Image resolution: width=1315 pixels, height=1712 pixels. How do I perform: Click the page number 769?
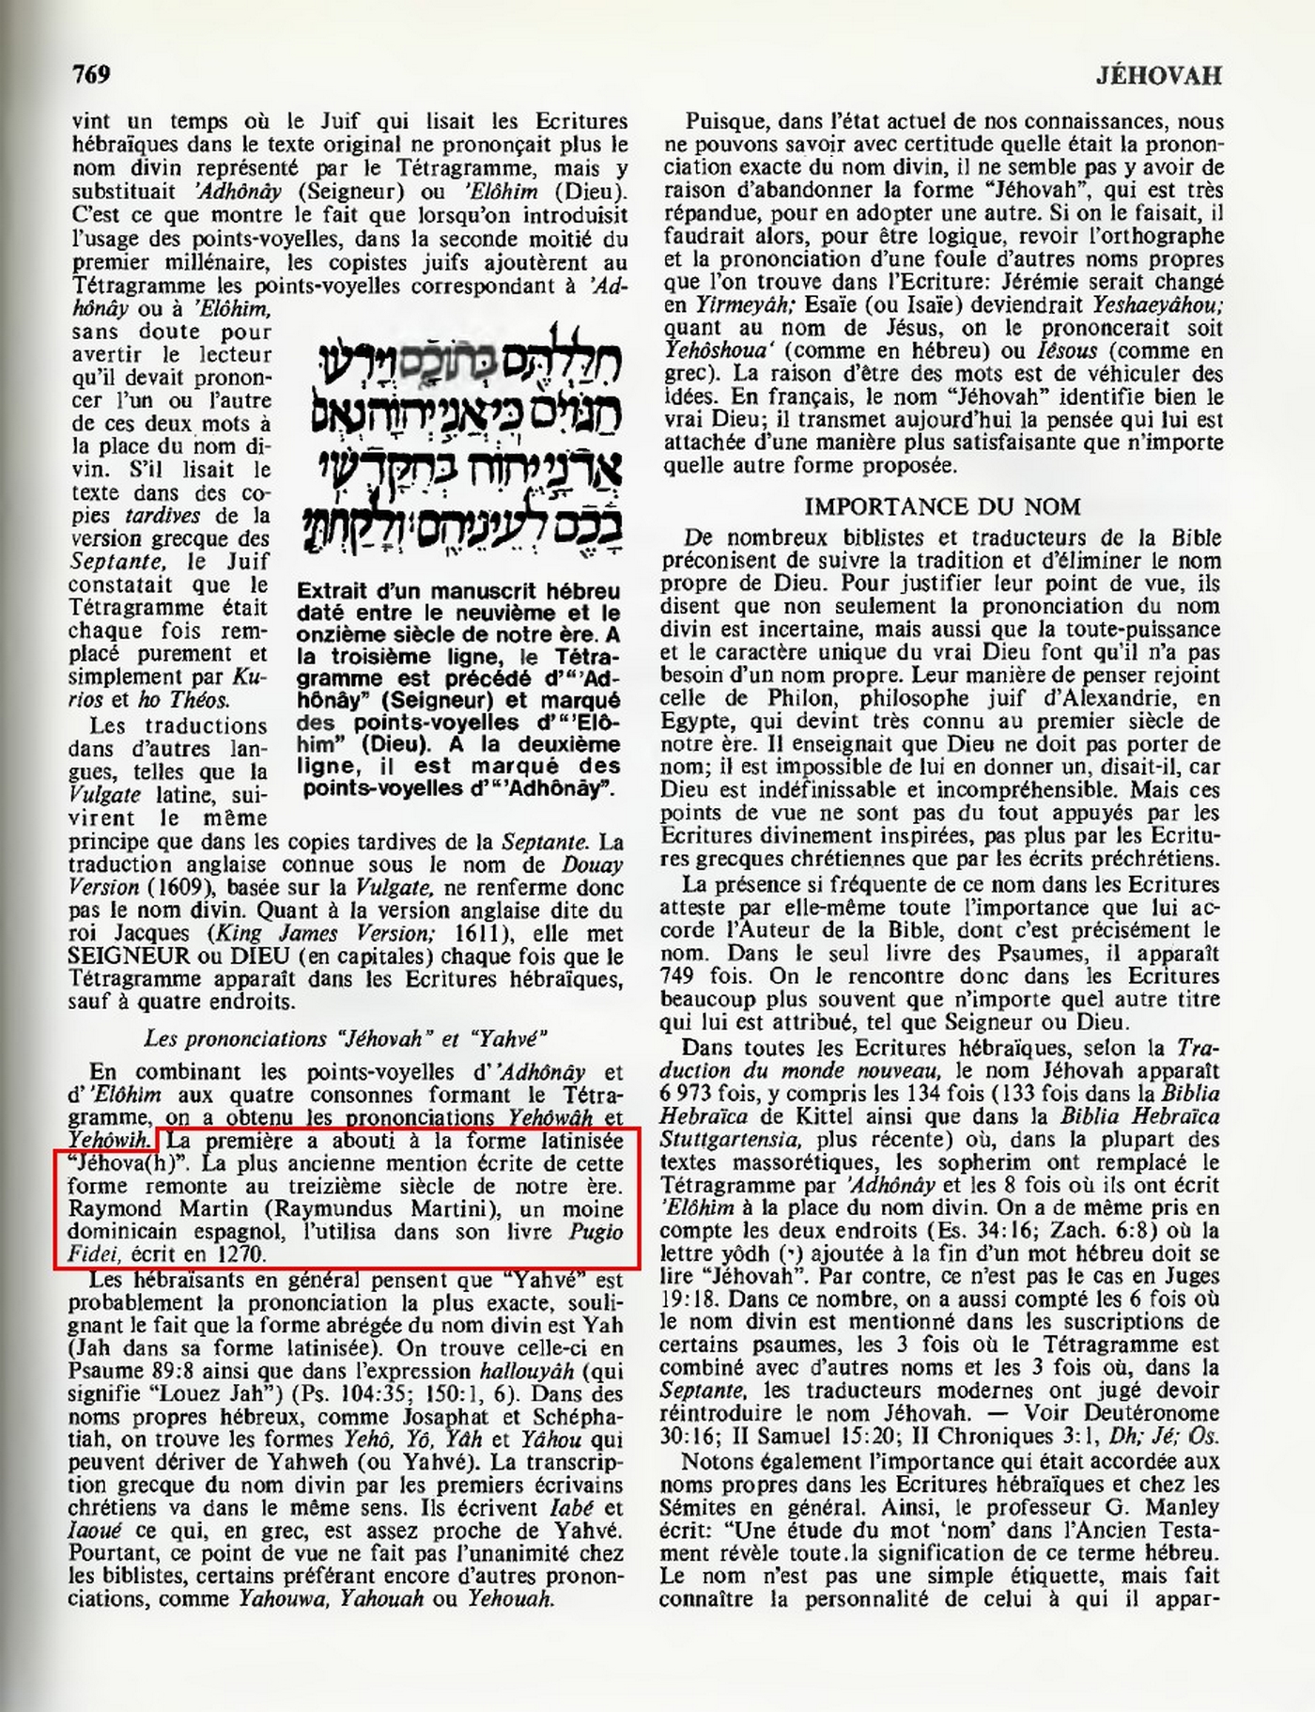point(91,74)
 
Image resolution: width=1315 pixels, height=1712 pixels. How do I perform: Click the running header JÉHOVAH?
point(1158,75)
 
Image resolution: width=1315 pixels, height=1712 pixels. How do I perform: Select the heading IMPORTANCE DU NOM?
point(942,506)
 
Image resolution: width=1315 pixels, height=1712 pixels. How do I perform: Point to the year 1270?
point(242,1253)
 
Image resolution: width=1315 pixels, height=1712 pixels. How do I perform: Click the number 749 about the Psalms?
point(684,975)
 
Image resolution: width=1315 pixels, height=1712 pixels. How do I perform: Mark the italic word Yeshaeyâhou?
point(1157,305)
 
